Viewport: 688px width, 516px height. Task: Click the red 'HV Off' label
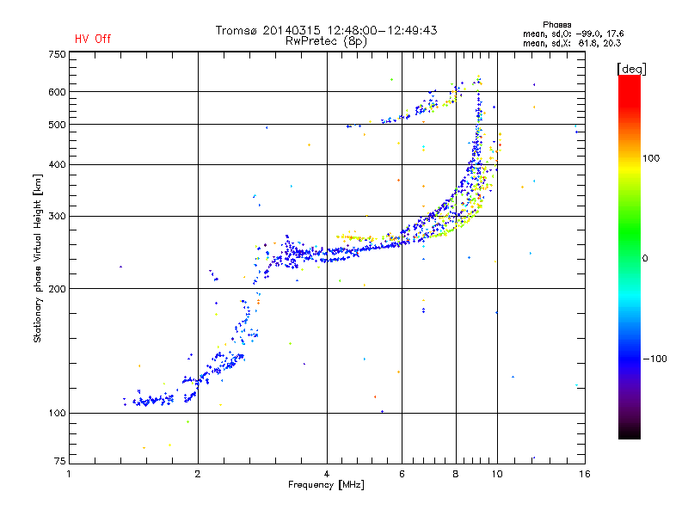[93, 39]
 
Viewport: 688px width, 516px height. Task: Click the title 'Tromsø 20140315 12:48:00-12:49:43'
[326, 30]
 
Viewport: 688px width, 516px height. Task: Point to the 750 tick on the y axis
[57, 54]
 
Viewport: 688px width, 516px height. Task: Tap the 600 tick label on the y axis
[57, 92]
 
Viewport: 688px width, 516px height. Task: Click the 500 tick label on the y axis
[57, 125]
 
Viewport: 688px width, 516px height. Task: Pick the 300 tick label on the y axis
[57, 217]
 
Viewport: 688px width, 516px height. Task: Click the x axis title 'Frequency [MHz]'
[326, 485]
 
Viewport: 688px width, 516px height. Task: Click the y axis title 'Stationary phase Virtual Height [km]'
[38, 259]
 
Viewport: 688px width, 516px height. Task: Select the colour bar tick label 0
[645, 258]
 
